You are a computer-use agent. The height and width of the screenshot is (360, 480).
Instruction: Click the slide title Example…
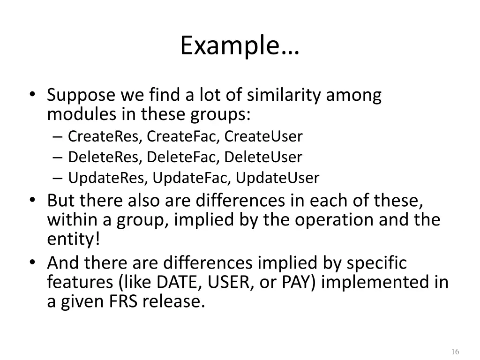coord(240,46)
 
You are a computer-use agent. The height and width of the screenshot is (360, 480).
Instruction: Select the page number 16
coord(455,352)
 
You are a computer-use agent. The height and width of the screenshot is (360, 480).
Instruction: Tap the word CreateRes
coord(105,136)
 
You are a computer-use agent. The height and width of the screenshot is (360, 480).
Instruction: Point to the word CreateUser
coord(263,136)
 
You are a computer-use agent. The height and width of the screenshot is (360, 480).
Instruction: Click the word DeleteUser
coord(263,157)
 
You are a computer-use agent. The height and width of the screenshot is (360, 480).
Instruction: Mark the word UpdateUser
coord(277,178)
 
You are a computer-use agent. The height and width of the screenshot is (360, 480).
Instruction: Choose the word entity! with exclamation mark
coord(74,240)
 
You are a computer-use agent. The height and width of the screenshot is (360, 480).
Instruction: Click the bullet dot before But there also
coord(32,200)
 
